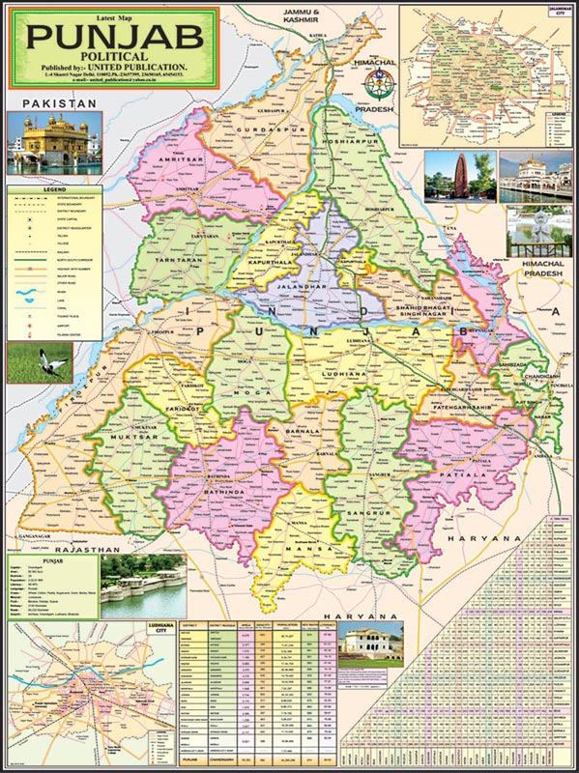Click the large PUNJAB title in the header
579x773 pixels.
114,37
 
